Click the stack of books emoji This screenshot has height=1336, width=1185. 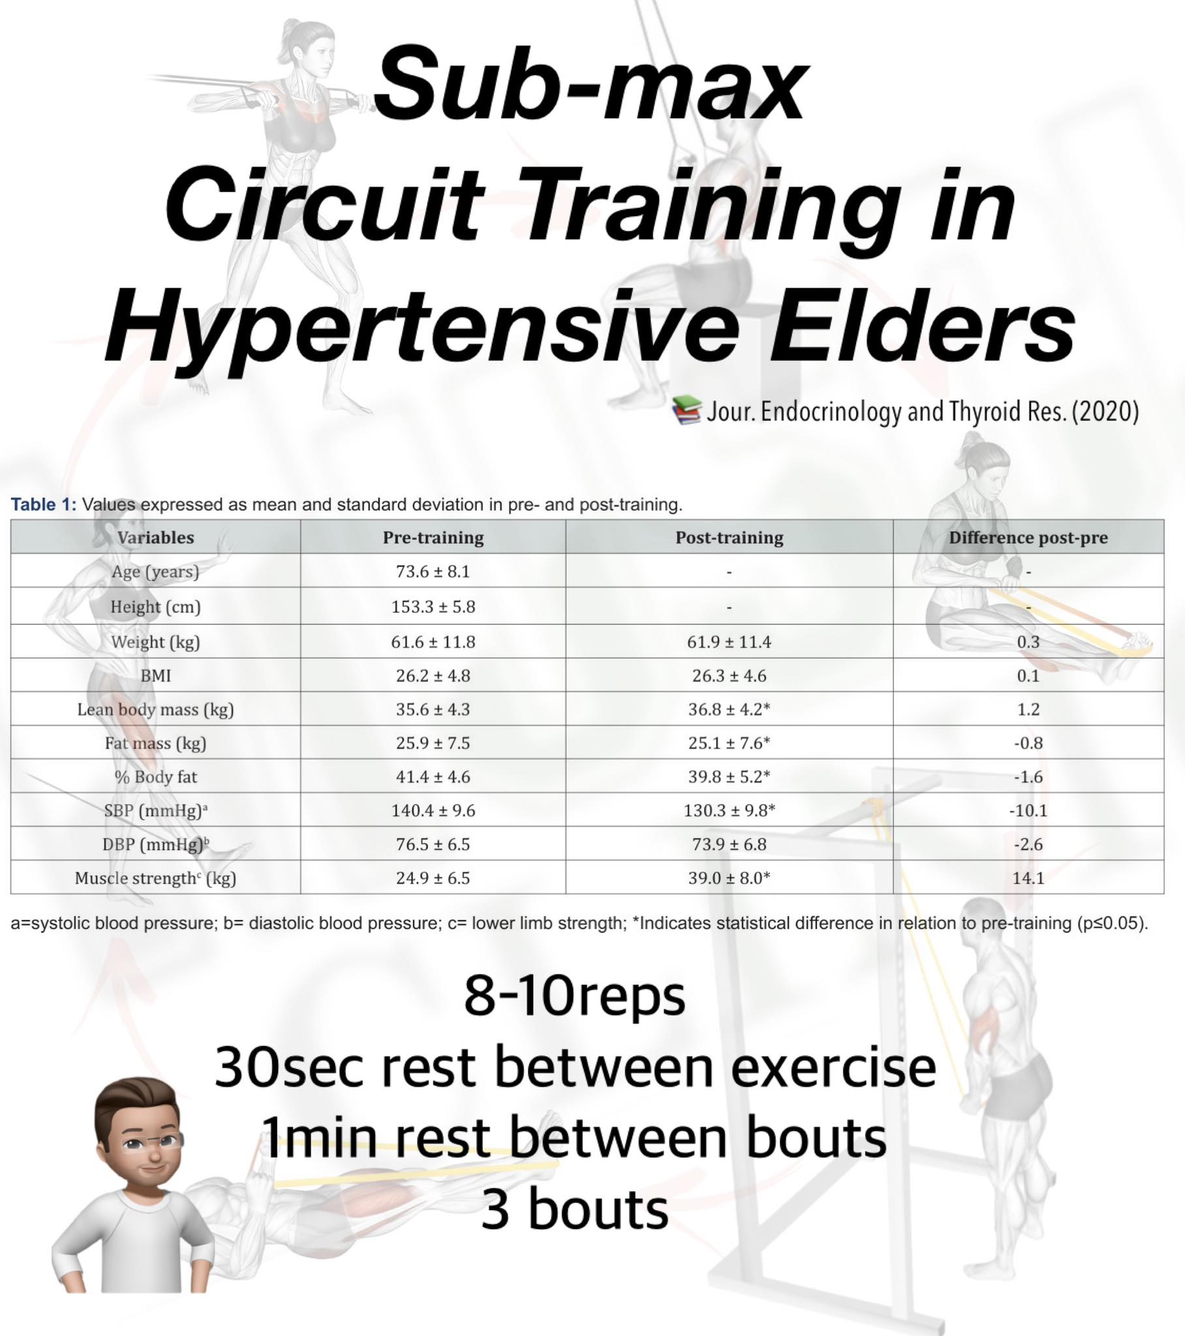click(x=686, y=410)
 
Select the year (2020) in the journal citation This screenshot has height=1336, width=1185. click(x=1105, y=412)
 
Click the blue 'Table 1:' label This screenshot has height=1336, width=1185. click(x=43, y=505)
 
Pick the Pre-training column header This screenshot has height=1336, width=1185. click(x=433, y=538)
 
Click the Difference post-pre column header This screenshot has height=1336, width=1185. click(x=1028, y=538)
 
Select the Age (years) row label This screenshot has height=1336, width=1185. click(x=155, y=571)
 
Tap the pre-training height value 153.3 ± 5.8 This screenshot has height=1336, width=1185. click(x=433, y=607)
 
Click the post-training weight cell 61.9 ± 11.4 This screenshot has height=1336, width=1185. click(x=729, y=642)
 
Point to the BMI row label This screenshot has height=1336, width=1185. click(x=156, y=675)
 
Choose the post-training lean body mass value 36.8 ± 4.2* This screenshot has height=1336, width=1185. click(x=729, y=709)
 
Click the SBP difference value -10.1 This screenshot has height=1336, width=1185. click(x=1028, y=810)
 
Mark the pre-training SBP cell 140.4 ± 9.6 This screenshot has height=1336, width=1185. click(x=433, y=810)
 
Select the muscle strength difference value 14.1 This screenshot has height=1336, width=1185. click(x=1028, y=878)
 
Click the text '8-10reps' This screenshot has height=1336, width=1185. click(x=575, y=995)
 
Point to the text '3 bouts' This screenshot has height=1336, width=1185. click(x=575, y=1209)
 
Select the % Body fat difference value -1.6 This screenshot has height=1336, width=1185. click(x=1028, y=776)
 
